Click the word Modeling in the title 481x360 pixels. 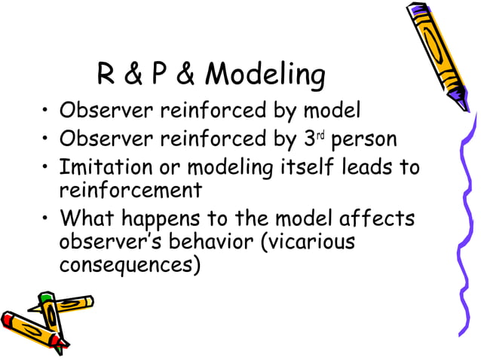click(x=265, y=76)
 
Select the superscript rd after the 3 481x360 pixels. click(x=320, y=136)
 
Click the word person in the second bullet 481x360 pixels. click(x=364, y=140)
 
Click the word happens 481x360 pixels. click(x=164, y=219)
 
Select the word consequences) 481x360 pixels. click(x=130, y=265)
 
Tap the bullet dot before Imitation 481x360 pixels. click(x=47, y=167)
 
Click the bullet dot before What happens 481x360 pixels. click(x=47, y=218)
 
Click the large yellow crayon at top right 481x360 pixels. click(x=445, y=53)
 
